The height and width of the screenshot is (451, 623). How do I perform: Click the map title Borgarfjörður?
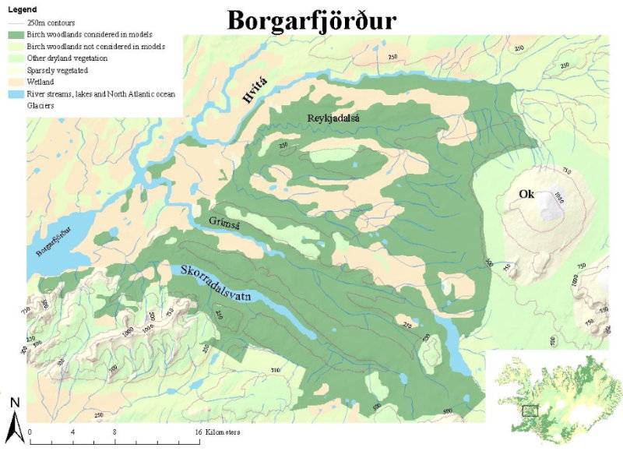pos(311,20)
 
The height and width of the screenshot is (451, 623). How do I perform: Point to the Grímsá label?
pos(224,222)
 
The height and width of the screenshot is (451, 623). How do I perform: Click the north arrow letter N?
pos(15,402)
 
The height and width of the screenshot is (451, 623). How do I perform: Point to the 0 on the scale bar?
pos(30,431)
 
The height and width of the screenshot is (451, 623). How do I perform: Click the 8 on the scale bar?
pos(114,431)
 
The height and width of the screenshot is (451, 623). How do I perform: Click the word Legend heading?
pos(22,9)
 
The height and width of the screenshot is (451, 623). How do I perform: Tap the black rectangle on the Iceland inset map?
pos(531,410)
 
